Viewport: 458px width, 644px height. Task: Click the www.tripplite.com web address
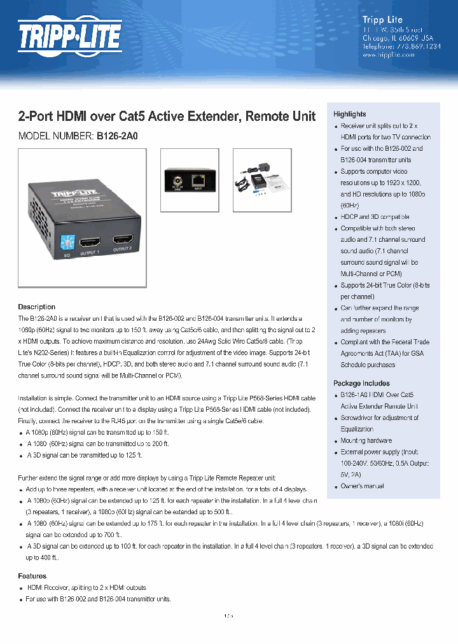pyautogui.click(x=388, y=55)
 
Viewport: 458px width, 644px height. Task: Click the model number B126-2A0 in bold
pyautogui.click(x=117, y=136)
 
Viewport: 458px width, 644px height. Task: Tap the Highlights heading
pyautogui.click(x=350, y=114)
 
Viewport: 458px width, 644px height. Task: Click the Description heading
pyautogui.click(x=36, y=307)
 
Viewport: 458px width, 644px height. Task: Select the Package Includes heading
pyautogui.click(x=361, y=383)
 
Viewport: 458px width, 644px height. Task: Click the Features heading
pyautogui.click(x=32, y=576)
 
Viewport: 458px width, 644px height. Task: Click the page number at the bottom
pyautogui.click(x=229, y=615)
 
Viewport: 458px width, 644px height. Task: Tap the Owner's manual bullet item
pyautogui.click(x=362, y=486)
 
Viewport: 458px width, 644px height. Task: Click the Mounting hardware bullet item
pyautogui.click(x=366, y=440)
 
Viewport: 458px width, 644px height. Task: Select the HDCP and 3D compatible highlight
pyautogui.click(x=375, y=217)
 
